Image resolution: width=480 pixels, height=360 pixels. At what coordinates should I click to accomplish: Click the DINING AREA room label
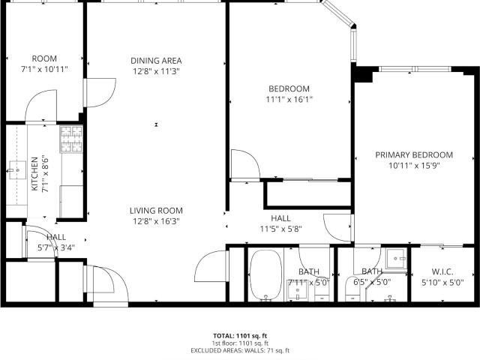coord(156,61)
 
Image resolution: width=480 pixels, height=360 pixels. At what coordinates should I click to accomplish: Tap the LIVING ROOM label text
coord(156,211)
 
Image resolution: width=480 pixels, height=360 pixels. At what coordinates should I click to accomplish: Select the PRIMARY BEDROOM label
coord(414,155)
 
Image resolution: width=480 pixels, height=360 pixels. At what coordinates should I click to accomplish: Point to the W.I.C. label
coord(442,271)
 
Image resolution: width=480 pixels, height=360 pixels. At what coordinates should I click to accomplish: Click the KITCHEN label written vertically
coord(35,174)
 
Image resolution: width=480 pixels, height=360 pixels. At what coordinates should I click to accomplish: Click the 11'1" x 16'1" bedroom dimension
coord(289,100)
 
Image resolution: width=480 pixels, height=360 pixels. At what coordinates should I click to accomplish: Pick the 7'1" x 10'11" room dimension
coord(44,69)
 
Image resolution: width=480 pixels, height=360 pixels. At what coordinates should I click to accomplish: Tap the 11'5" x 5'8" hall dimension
coord(281,229)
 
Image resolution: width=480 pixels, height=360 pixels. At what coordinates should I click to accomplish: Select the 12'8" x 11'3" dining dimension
coord(156,71)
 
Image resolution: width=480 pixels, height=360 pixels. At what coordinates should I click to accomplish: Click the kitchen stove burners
coord(72,139)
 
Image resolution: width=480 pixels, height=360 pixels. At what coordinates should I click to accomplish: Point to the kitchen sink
coord(17,170)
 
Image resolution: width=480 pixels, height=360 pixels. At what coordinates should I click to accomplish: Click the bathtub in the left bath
coord(266,274)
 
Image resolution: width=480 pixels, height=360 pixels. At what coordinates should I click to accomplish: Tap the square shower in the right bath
coord(395,259)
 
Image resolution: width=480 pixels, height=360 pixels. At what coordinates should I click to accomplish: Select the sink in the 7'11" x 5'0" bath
coord(297,290)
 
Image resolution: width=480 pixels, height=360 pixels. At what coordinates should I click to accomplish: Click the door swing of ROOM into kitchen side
coord(41,106)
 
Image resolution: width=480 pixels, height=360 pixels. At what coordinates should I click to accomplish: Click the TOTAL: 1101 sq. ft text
coord(240,336)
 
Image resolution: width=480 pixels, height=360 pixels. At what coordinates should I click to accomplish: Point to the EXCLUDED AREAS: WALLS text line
coord(240,351)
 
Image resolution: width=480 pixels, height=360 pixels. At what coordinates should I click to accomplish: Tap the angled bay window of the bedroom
coord(338,13)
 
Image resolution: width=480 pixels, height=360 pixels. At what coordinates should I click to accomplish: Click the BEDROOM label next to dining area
coord(289,88)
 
